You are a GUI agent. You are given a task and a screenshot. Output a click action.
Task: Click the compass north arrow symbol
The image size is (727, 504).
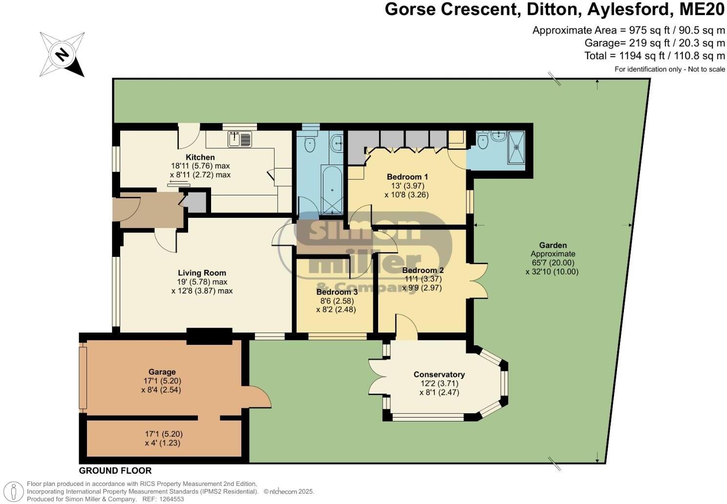click(62, 54)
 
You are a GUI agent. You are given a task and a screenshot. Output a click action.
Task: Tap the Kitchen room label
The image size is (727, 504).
click(200, 157)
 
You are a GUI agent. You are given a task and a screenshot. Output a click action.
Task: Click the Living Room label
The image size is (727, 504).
click(202, 273)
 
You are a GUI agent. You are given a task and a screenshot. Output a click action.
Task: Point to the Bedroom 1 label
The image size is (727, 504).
click(407, 177)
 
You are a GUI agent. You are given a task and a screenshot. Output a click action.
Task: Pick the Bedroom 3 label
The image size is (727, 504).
click(337, 292)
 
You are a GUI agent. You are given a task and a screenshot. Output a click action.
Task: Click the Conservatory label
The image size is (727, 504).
click(439, 375)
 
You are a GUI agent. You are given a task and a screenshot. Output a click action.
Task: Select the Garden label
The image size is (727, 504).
click(553, 245)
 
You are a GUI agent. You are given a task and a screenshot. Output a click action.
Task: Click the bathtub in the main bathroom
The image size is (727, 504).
click(332, 190)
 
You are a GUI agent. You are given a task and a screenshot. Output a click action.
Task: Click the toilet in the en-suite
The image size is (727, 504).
click(482, 141)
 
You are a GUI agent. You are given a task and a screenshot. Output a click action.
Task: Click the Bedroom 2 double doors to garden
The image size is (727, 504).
click(480, 281)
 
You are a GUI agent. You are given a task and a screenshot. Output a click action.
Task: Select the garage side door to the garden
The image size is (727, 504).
click(259, 396)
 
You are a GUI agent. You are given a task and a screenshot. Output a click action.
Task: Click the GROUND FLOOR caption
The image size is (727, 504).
click(115, 471)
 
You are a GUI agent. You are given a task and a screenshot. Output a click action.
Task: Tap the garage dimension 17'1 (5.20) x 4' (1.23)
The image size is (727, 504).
click(164, 439)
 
